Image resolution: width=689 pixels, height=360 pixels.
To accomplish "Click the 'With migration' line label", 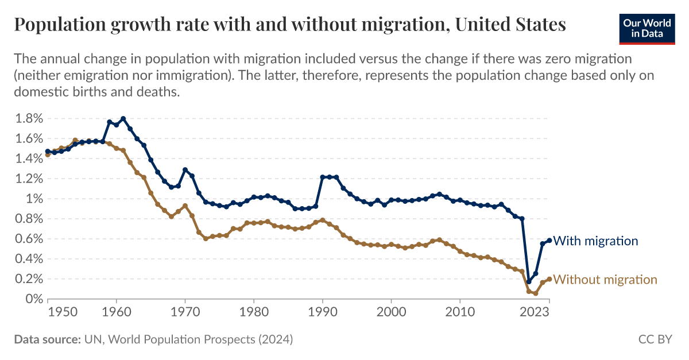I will tap(595, 241).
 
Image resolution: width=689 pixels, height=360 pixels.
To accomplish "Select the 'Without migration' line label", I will tap(605, 280).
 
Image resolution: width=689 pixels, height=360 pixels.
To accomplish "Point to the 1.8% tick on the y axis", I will tap(27, 119).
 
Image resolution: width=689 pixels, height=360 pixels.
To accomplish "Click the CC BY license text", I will tap(655, 340).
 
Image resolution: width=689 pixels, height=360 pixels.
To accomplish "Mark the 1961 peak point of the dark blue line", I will tap(123, 119).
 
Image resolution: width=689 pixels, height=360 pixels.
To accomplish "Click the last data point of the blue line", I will tap(549, 241).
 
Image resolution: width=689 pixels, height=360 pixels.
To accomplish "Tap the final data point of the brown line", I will tap(549, 279).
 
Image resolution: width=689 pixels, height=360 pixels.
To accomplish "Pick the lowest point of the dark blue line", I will tap(529, 282).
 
